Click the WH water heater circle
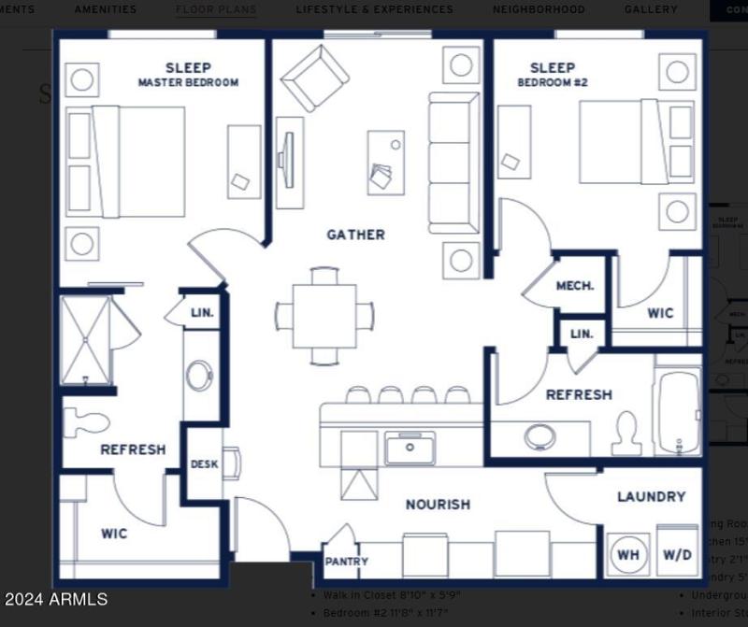tap(628, 554)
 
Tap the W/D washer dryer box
tap(678, 554)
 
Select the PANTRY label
tap(346, 562)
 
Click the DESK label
tap(204, 464)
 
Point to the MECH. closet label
tap(575, 286)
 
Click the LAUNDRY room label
tap(651, 497)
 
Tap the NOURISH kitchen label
tap(438, 505)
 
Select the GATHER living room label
tap(355, 235)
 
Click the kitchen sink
tap(410, 449)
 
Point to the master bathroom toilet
tap(86, 421)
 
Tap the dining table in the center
tap(324, 315)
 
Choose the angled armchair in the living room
tap(315, 77)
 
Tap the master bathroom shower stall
tap(85, 340)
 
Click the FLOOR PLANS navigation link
tap(216, 9)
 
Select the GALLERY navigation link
tap(651, 9)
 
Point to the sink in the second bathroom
tap(539, 436)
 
